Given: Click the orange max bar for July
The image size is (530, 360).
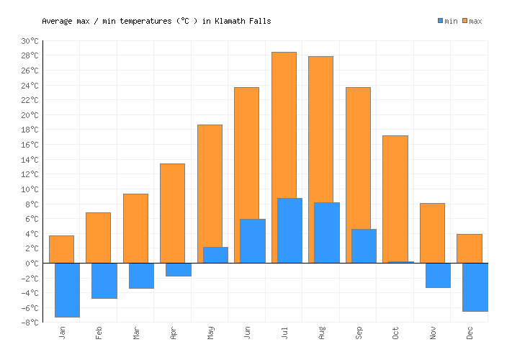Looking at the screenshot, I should pos(284,122).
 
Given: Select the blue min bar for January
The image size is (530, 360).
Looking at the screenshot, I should pos(67,289).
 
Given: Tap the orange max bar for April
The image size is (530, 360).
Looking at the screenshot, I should pos(172,212).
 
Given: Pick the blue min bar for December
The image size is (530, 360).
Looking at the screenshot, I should pos(475,287).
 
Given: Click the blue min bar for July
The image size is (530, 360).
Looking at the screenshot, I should pos(289,230).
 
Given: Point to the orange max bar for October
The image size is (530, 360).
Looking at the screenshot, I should pos(395,198).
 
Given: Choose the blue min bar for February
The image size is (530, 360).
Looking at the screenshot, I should pos(104,280).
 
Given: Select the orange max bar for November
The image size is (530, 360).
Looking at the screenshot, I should pos(432,233).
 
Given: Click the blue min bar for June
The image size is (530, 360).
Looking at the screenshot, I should pos(252,240).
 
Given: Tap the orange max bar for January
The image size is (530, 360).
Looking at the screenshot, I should pos(61,248).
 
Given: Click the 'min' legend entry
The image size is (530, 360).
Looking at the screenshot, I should pos(446,21).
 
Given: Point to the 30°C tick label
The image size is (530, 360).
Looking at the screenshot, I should pos(30,41).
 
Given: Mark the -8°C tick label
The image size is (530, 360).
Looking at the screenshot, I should pos(30,322).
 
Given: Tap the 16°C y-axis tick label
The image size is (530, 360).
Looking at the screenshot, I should pos(30,145).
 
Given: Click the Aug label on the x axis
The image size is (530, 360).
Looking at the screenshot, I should pos(322,332).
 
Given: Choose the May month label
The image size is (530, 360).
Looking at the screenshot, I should pos(210,332).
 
